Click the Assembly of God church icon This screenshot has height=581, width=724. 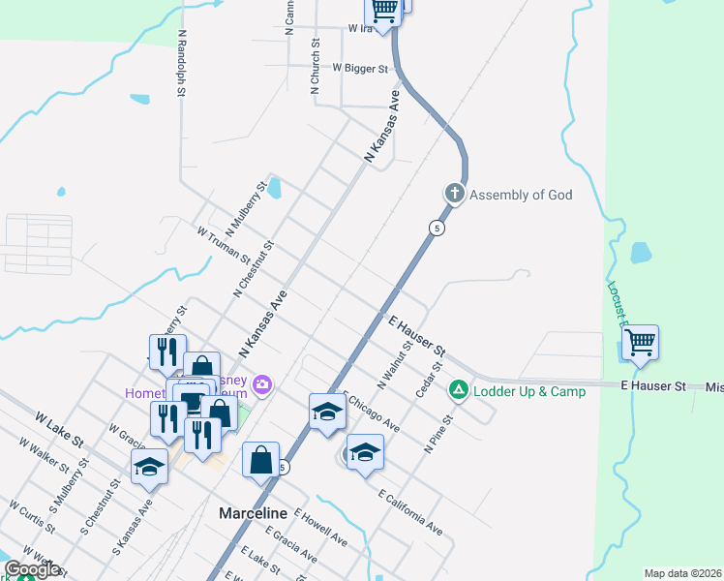coord(455,194)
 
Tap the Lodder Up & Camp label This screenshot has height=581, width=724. coord(528,391)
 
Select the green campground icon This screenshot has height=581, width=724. coord(458,391)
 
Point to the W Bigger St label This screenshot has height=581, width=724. coord(360,69)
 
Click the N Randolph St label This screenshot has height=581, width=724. coord(181,63)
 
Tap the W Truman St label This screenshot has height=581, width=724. coord(223,245)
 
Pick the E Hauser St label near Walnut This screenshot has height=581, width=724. coord(417,334)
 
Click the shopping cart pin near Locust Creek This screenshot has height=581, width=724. coord(640,342)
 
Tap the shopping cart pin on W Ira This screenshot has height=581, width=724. coord(384,11)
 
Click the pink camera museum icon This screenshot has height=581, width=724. coord(261,386)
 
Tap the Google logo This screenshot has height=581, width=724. coord(32,569)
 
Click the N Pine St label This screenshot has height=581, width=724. coord(438,436)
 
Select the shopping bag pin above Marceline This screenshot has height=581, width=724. coord(261,460)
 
